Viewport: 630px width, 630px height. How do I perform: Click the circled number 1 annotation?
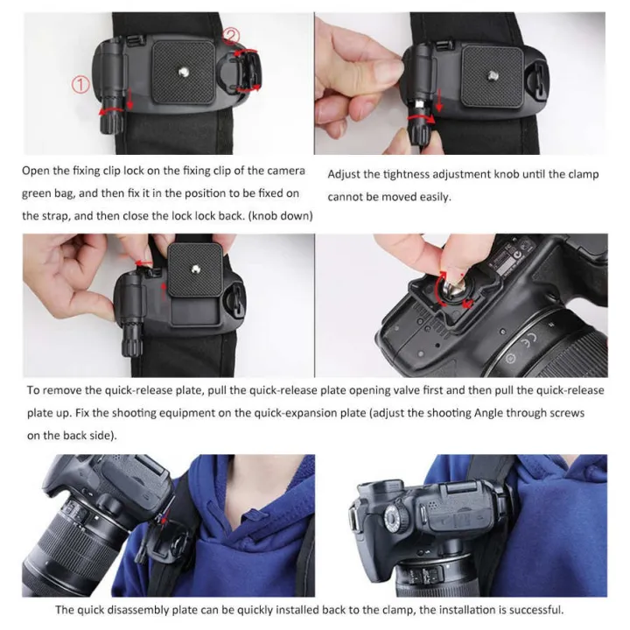click(x=80, y=86)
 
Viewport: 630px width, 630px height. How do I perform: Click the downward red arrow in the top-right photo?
click(x=438, y=103)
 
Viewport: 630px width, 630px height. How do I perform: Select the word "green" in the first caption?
click(x=38, y=192)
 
